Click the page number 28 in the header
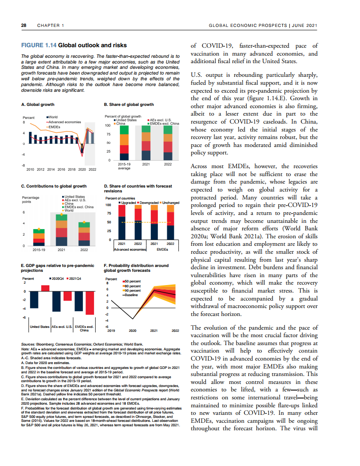pyautogui.click(x=24, y=26)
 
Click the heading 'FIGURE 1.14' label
pyautogui.click(x=39, y=45)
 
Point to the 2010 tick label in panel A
pyautogui.click(x=30, y=169)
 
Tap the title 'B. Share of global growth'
pyautogui.click(x=128, y=105)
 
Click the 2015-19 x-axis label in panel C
pyautogui.click(x=39, y=250)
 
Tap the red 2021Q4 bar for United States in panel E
pyautogui.click(x=45, y=288)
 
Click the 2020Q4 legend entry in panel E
pyautogui.click(x=59, y=279)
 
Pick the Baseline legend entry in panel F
pyautogui.click(x=132, y=295)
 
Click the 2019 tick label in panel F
pyautogui.click(x=112, y=330)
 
